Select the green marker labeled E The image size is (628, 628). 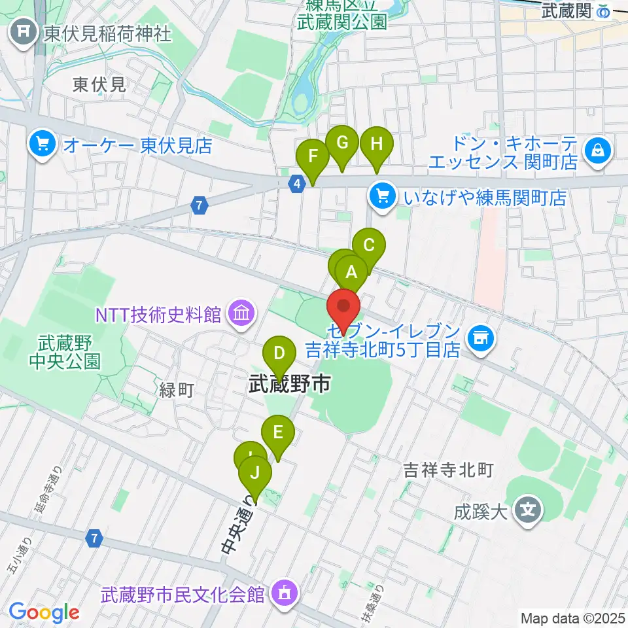click(x=278, y=432)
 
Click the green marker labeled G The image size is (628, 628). click(x=342, y=143)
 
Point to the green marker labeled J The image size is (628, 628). click(x=255, y=472)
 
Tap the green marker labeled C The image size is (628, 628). click(x=369, y=246)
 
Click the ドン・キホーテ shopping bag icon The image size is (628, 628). click(x=598, y=151)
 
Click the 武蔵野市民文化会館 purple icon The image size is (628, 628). click(x=285, y=594)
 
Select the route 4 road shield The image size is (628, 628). click(x=298, y=184)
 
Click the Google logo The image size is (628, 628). click(x=44, y=612)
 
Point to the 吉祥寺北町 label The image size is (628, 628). click(x=447, y=469)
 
